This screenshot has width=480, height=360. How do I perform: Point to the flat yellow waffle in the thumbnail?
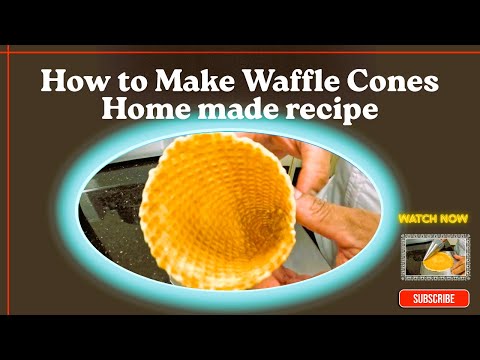pyautogui.click(x=437, y=263)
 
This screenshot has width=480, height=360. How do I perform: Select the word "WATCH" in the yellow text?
pyautogui.click(x=416, y=217)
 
